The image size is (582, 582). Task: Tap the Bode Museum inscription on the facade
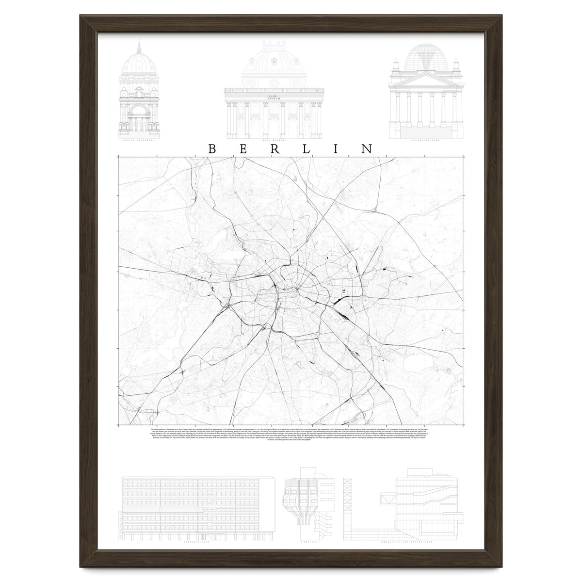[275, 98]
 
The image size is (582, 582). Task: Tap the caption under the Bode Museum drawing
[275, 139]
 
